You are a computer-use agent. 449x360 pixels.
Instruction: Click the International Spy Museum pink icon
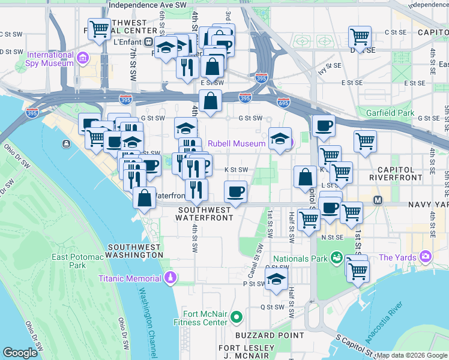[82, 59]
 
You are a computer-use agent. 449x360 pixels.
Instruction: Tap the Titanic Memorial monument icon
[170, 278]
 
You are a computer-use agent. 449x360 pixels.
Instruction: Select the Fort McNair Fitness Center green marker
[237, 316]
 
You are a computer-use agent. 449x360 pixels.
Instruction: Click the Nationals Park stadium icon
[336, 259]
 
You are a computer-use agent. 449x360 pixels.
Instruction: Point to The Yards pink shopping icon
[426, 257]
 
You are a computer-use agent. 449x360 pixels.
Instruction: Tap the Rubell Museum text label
[237, 143]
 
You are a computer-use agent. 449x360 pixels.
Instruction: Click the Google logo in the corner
[20, 352]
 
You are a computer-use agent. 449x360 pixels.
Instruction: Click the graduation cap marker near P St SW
[276, 279]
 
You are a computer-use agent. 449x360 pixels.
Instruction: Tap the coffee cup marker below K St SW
[235, 192]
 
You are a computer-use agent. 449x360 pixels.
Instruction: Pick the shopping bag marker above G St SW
[211, 101]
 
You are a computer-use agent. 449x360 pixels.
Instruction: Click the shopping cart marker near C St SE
[360, 36]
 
